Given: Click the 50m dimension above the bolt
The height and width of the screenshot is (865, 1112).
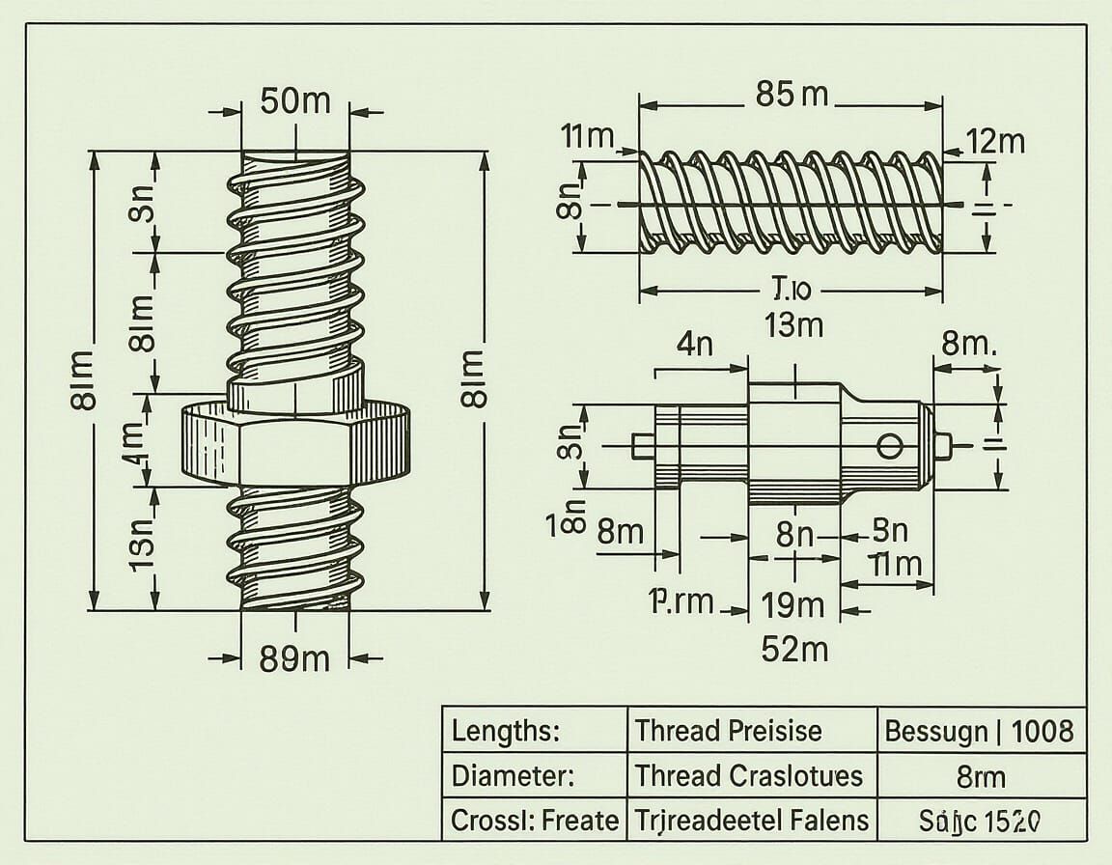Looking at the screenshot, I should click(x=295, y=100).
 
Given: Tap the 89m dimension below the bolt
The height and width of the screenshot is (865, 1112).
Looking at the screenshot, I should click(x=294, y=659).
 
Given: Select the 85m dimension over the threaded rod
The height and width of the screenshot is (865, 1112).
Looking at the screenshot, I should click(x=792, y=94).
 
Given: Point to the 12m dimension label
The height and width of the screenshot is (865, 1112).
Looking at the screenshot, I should click(x=996, y=142).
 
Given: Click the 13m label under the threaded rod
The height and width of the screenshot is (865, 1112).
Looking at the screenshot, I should click(x=793, y=325).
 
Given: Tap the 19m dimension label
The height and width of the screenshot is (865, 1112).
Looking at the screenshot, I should click(x=793, y=605).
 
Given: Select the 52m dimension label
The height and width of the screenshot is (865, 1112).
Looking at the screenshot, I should click(x=793, y=649).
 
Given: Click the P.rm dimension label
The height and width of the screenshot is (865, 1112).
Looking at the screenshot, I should click(x=681, y=602).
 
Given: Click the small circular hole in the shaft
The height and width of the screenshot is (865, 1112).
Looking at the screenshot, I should click(x=890, y=445).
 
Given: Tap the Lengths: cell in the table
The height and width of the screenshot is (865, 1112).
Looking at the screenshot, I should click(x=506, y=731).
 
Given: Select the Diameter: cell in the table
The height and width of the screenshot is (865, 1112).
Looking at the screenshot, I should click(x=514, y=775).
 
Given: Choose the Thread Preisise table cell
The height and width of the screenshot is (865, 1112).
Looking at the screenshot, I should click(x=729, y=731).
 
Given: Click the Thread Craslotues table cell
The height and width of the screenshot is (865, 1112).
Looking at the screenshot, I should click(x=748, y=775).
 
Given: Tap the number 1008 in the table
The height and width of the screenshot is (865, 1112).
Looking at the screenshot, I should click(x=1042, y=731).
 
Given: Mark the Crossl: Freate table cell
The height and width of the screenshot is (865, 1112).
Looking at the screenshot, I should click(x=534, y=822).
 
